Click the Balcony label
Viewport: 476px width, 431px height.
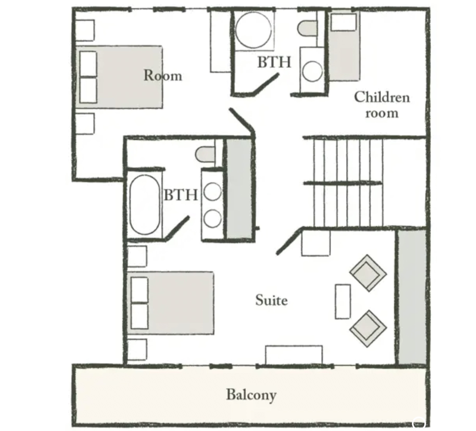(x=251, y=395)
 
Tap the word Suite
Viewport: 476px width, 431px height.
(x=271, y=300)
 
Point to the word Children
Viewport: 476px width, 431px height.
(x=382, y=97)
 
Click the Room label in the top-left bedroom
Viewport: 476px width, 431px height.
(x=163, y=75)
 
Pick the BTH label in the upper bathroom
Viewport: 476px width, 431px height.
(x=274, y=62)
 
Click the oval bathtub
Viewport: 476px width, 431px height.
(x=145, y=205)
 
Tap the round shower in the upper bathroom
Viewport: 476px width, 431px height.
(x=253, y=30)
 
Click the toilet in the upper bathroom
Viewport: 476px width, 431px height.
(x=307, y=28)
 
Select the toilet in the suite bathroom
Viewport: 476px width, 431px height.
(x=205, y=154)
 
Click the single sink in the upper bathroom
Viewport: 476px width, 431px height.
(x=312, y=71)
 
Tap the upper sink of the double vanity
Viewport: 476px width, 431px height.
(x=212, y=192)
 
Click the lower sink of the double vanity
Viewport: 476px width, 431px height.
(x=212, y=218)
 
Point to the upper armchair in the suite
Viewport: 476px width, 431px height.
(x=368, y=273)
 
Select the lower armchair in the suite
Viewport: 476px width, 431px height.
(x=368, y=329)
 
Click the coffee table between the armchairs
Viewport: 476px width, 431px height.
(x=343, y=301)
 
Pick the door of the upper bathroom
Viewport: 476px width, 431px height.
(x=266, y=83)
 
